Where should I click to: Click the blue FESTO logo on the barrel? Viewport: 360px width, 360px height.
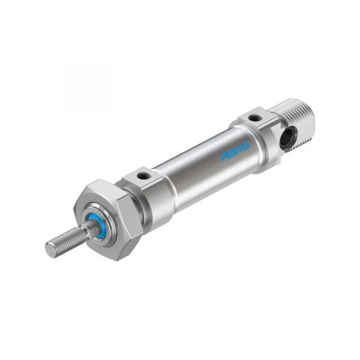[235, 151]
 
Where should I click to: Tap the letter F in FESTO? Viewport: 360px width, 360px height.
[224, 157]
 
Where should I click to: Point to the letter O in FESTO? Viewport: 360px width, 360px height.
[247, 146]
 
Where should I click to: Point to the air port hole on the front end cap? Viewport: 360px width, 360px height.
[143, 176]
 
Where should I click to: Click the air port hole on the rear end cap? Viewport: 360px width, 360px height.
[256, 118]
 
